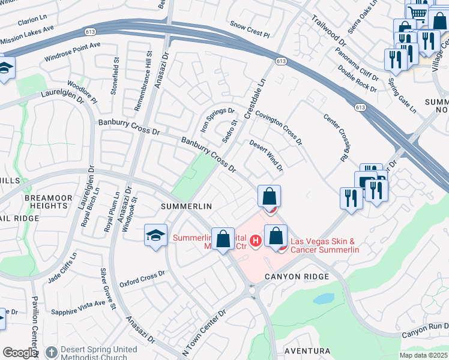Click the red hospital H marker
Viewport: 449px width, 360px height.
pyautogui.click(x=256, y=241)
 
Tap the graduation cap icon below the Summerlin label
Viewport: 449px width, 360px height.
pyautogui.click(x=155, y=235)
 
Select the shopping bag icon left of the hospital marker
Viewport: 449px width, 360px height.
pyautogui.click(x=223, y=239)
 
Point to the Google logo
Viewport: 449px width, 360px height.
pyautogui.click(x=20, y=353)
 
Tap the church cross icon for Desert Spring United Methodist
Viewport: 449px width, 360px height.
pyautogui.click(x=52, y=352)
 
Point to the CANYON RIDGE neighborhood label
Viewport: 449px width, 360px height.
pyautogui.click(x=298, y=277)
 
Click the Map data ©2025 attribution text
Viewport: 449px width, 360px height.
pyautogui.click(x=423, y=355)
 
